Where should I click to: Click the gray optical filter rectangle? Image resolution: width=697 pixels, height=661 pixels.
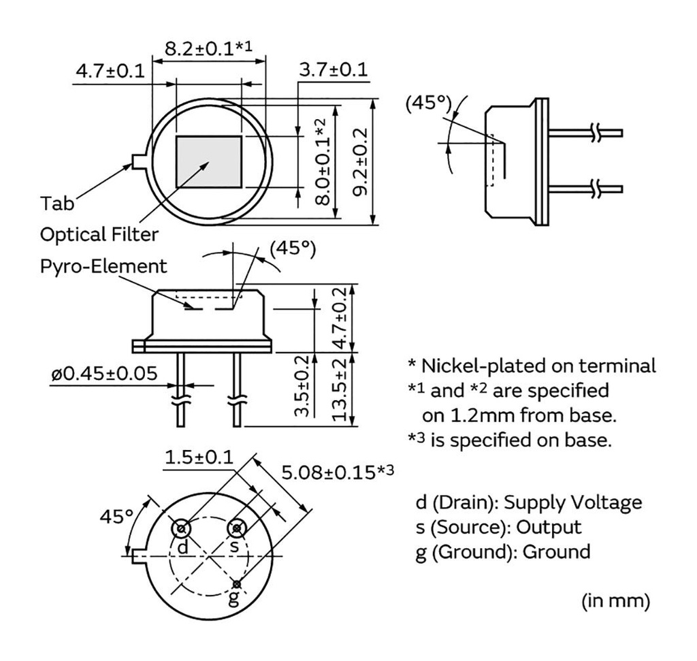point(209,161)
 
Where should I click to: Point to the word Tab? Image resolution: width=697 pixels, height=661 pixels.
point(59,204)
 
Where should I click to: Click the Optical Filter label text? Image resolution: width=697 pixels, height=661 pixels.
point(99,234)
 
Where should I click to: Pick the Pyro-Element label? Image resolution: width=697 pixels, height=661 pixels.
point(103,265)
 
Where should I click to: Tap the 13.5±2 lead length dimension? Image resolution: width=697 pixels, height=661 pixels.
point(343,389)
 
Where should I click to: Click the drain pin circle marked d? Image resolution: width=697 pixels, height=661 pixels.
point(182,528)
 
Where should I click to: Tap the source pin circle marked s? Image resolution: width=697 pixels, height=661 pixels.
point(236,528)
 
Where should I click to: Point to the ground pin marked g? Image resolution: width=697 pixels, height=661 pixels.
point(236,584)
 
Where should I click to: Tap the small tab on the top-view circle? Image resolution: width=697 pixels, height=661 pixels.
point(139,161)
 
